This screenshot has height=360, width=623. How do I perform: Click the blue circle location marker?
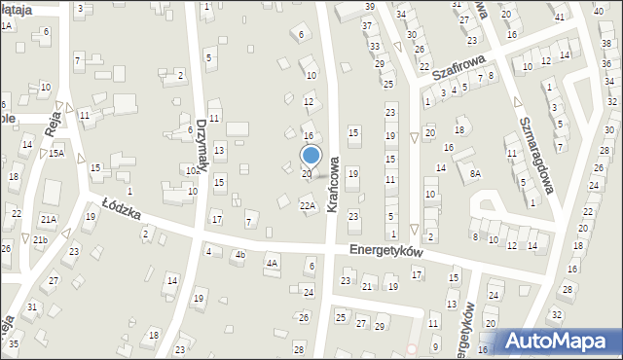click(x=311, y=154)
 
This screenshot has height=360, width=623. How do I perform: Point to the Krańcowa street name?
click(x=333, y=185)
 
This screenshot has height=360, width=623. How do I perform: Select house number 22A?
click(x=308, y=206)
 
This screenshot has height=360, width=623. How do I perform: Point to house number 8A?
click(x=475, y=174)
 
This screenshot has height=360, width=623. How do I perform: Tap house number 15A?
click(x=57, y=154)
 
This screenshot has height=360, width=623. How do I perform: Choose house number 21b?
click(x=40, y=239)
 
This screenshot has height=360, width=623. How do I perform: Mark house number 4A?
click(x=273, y=263)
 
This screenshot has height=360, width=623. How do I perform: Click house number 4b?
click(x=239, y=256)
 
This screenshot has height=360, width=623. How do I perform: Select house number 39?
click(x=368, y=7)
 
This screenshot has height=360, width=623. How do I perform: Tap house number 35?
click(x=13, y=344)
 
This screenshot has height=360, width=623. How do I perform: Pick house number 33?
click(x=374, y=46)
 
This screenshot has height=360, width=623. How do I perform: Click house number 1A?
click(x=6, y=25)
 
